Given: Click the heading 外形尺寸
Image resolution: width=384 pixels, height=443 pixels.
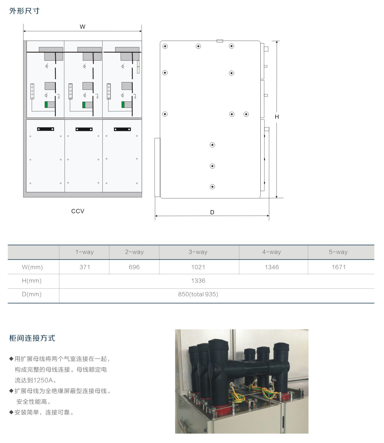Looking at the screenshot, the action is (x=24, y=11).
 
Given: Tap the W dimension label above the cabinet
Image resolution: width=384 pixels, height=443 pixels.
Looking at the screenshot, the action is (x=82, y=27).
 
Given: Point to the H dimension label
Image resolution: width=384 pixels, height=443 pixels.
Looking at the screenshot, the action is (x=277, y=117).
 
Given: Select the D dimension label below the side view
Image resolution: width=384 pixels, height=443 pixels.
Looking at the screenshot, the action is (x=212, y=212).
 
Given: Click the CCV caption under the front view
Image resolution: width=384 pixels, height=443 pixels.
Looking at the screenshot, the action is (x=78, y=211).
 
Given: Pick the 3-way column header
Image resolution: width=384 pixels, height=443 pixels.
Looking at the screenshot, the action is (x=198, y=252).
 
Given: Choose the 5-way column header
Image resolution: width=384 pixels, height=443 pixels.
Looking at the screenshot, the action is (x=338, y=252).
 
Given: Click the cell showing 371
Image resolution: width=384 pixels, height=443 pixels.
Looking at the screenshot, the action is (x=85, y=267).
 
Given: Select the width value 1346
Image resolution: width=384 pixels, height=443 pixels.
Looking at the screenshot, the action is (x=272, y=267).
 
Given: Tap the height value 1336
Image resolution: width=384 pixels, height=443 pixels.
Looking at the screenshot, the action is (x=198, y=281).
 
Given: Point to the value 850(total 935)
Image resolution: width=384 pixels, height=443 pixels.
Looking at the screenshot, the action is (x=198, y=294).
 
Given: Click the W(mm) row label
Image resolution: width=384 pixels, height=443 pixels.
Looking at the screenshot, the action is (x=32, y=267).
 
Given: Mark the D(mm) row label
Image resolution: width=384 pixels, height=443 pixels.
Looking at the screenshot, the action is (x=32, y=294).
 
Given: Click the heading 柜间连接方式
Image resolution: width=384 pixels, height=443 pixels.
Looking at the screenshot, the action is (x=32, y=338).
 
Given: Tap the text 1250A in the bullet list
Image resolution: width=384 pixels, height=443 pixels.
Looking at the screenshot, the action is (x=43, y=380).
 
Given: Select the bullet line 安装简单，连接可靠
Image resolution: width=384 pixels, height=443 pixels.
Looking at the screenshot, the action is (x=42, y=412).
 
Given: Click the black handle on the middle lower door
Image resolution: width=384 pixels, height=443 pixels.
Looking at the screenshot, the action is (x=84, y=129).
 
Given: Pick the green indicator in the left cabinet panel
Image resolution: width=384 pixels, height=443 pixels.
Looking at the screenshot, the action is (x=46, y=105).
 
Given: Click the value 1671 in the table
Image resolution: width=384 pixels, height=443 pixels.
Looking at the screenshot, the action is (x=339, y=267).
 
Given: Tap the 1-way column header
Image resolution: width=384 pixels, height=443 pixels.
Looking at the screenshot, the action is (x=84, y=252).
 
